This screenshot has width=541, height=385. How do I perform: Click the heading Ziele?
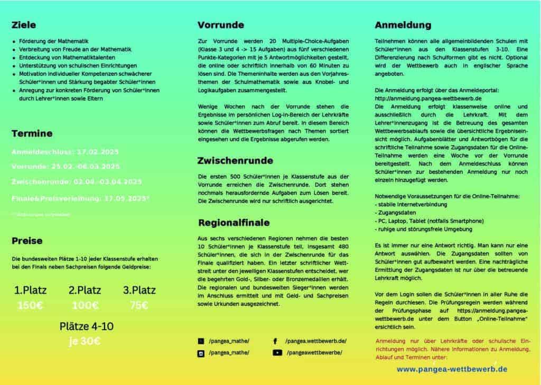[x=24, y=25]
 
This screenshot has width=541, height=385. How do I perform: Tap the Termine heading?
[x=32, y=133]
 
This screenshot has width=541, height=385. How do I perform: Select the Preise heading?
[x=27, y=241]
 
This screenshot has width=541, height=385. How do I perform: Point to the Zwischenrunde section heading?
[x=235, y=160]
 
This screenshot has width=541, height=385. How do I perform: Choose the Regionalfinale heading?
[x=234, y=222]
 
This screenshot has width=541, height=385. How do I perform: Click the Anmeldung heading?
[x=403, y=25]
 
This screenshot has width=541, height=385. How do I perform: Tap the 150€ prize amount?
[x=31, y=305]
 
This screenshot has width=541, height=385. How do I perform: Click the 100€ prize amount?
[x=85, y=305]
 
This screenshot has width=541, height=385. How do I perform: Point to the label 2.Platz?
[x=85, y=290]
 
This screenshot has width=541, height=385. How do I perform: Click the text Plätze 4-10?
[x=86, y=326]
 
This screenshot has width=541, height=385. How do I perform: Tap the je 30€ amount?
[x=85, y=341]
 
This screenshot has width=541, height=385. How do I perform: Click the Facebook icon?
[x=276, y=341]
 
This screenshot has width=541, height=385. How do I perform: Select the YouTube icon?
[x=277, y=352]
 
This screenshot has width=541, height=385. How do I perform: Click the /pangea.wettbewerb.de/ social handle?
[x=316, y=341]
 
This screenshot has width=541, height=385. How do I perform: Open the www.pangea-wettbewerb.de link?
[x=452, y=369]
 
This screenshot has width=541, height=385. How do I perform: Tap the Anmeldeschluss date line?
[x=65, y=152]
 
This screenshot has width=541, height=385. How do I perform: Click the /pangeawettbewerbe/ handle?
[x=314, y=352]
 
